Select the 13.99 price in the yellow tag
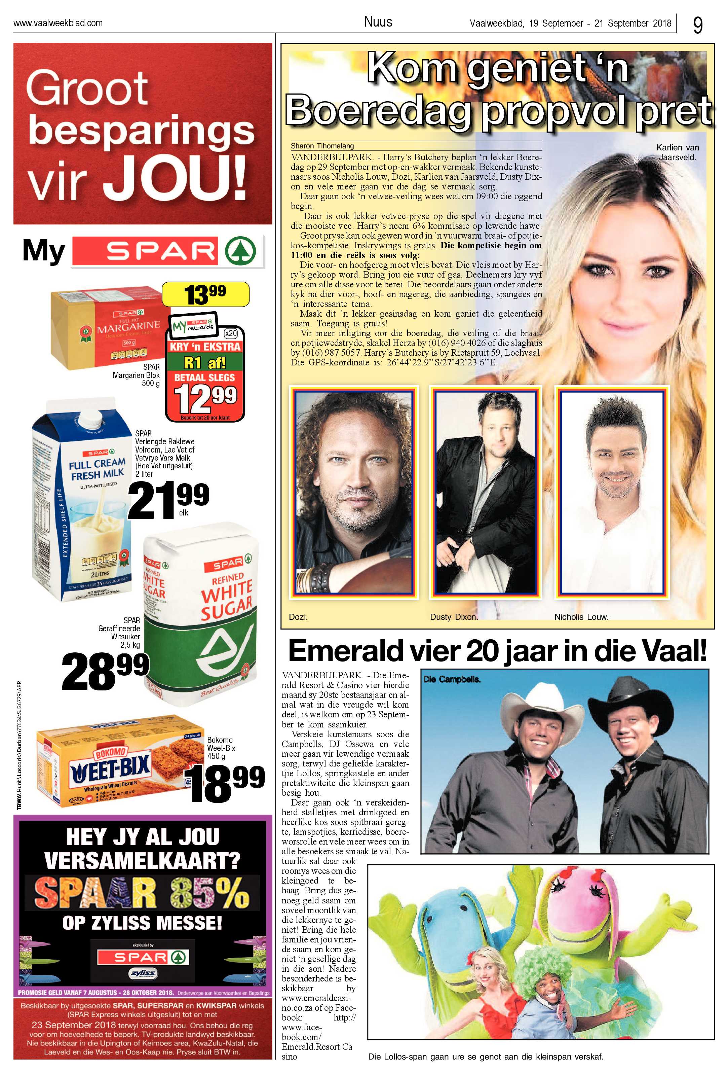(205, 294)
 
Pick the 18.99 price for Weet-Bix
(227, 783)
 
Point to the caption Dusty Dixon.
(454, 617)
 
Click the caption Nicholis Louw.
(581, 617)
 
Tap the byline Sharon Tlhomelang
(322, 145)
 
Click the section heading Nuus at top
(378, 22)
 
